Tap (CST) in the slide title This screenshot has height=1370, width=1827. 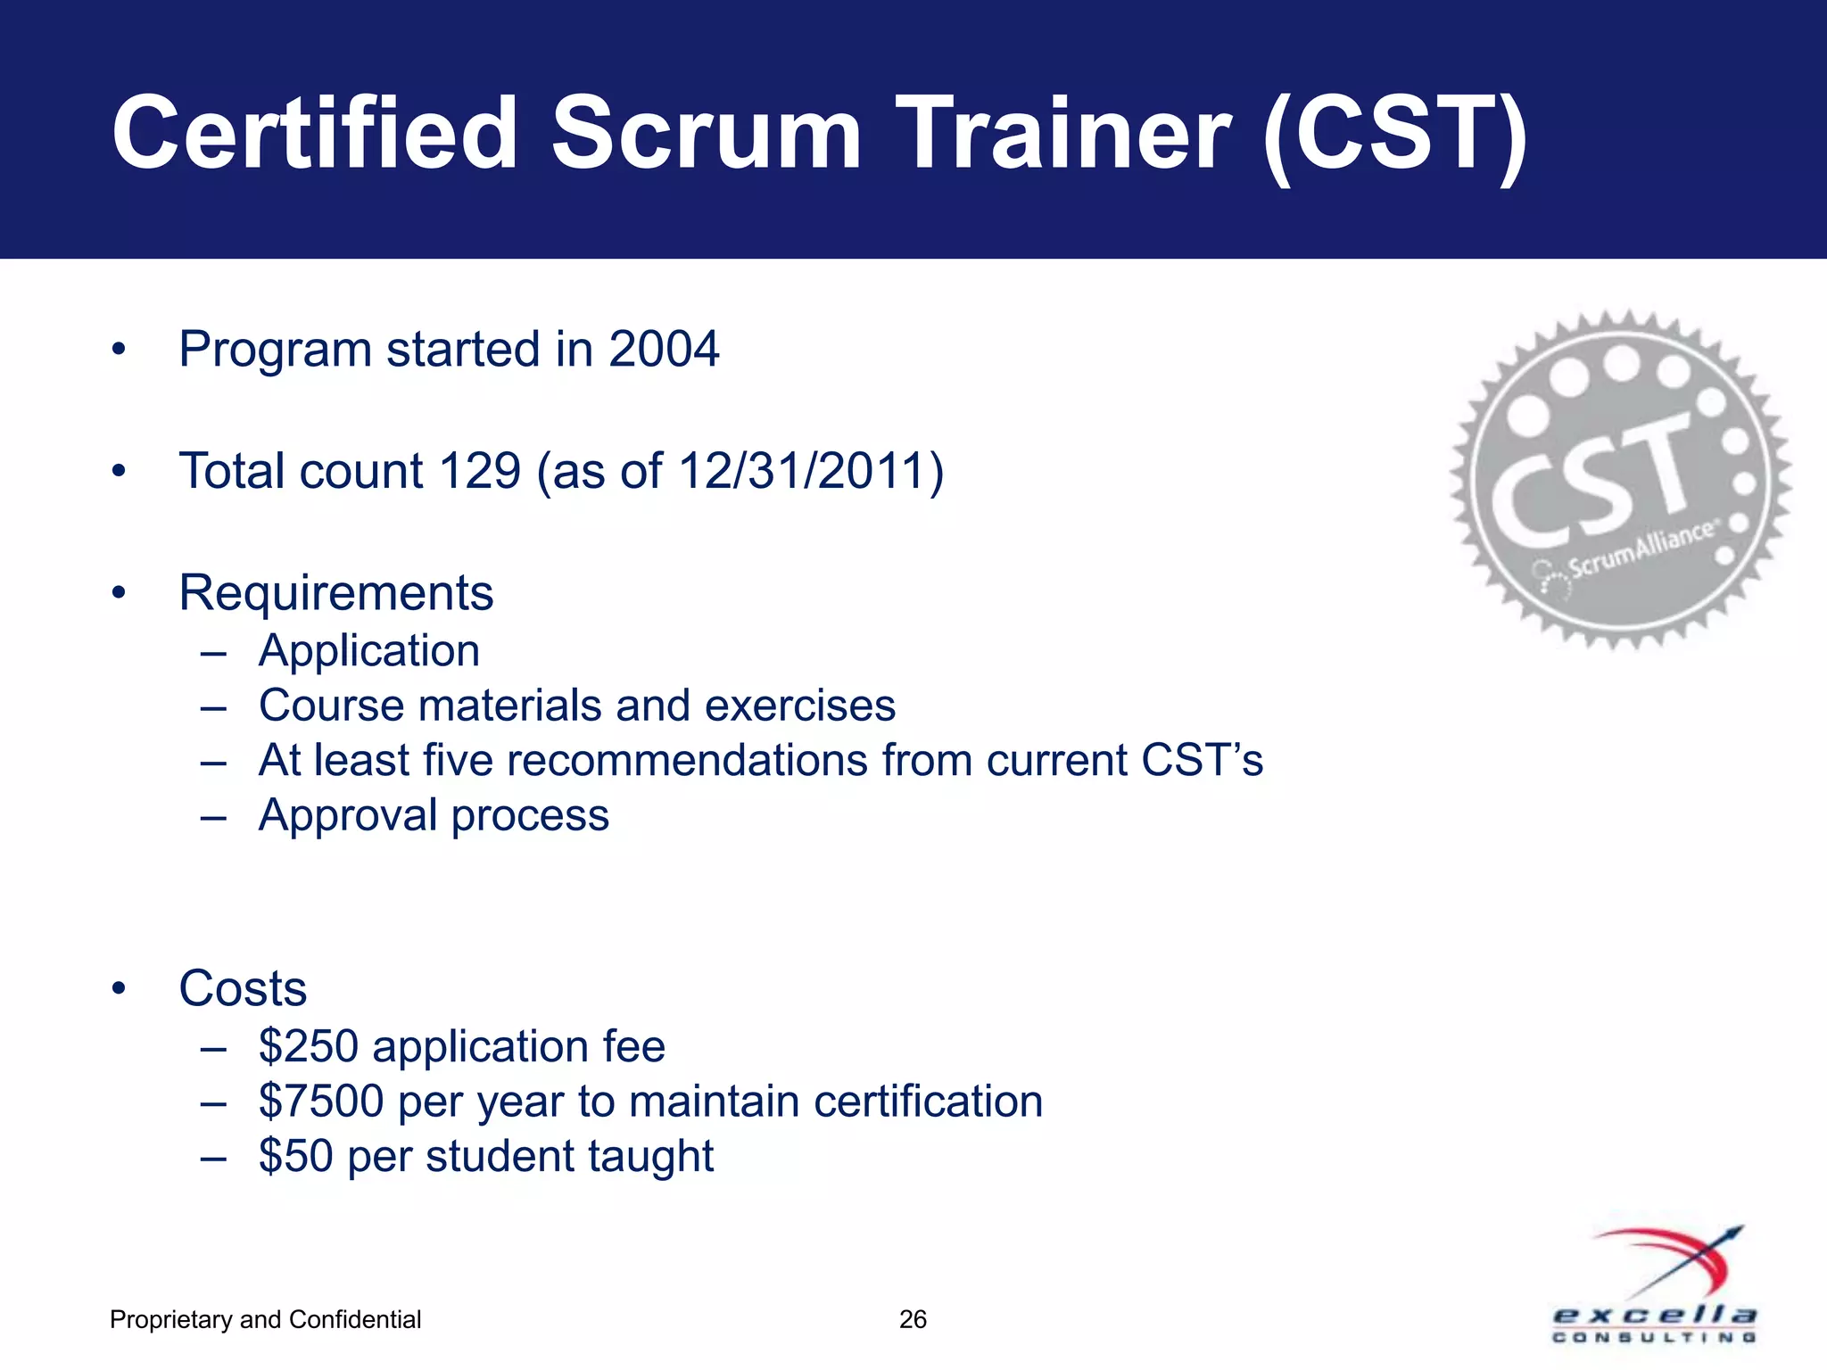point(1395,136)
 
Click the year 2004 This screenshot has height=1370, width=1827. point(664,349)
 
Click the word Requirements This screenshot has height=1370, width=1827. point(336,593)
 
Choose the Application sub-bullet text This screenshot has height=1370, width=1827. point(369,650)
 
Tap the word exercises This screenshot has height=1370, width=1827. point(800,706)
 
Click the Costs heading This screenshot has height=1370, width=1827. point(243,988)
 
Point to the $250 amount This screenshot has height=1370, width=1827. point(309,1046)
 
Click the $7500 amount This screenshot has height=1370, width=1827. point(322,1102)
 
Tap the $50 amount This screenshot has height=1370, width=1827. point(295,1156)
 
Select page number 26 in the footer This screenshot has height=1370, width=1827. point(913,1319)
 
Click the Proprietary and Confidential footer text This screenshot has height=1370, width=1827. point(265,1319)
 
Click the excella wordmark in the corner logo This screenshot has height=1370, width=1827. point(1655,1316)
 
